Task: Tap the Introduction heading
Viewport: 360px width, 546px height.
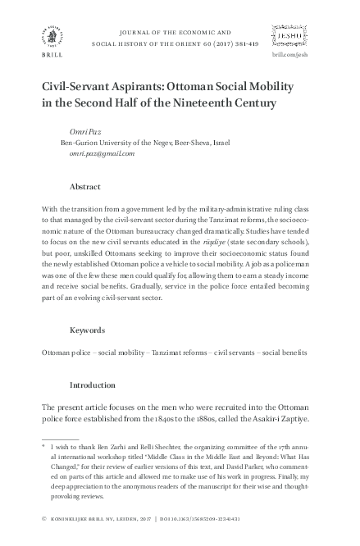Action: point(94,384)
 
